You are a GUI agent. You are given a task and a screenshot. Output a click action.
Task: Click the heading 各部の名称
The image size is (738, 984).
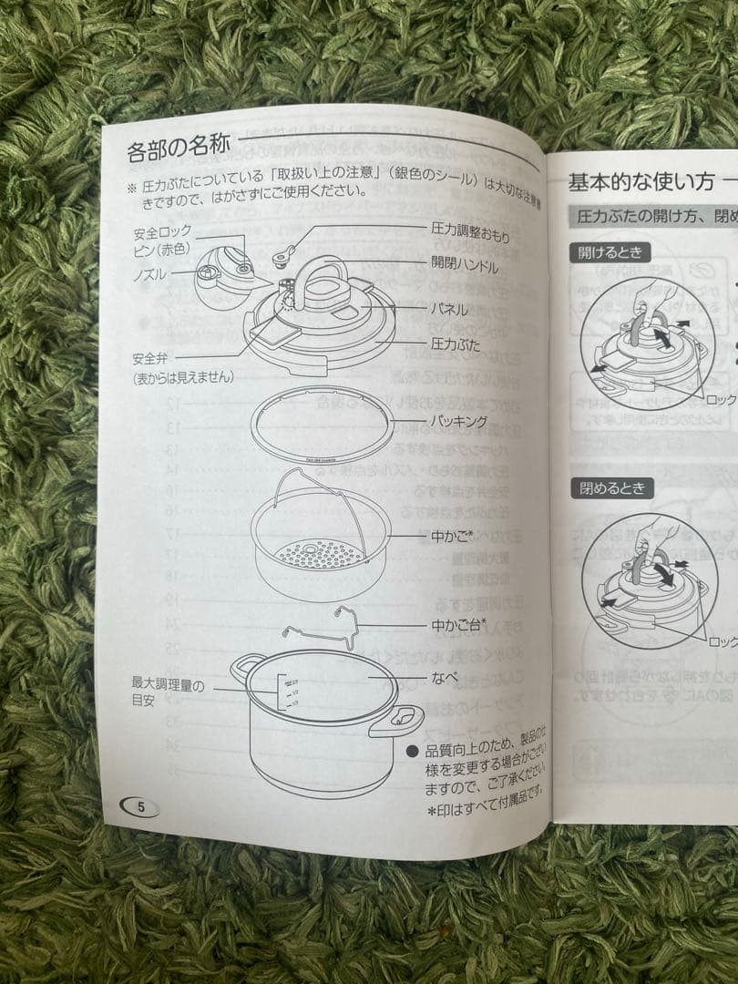coord(179,149)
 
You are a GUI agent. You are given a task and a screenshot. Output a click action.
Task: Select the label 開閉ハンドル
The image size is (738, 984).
coord(464,267)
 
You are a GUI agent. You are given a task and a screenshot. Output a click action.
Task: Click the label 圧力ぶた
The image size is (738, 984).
coord(455,344)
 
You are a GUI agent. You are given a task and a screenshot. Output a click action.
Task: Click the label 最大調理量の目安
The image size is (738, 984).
coord(168,691)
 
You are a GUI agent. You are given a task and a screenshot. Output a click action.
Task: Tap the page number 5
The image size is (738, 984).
coord(139,805)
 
